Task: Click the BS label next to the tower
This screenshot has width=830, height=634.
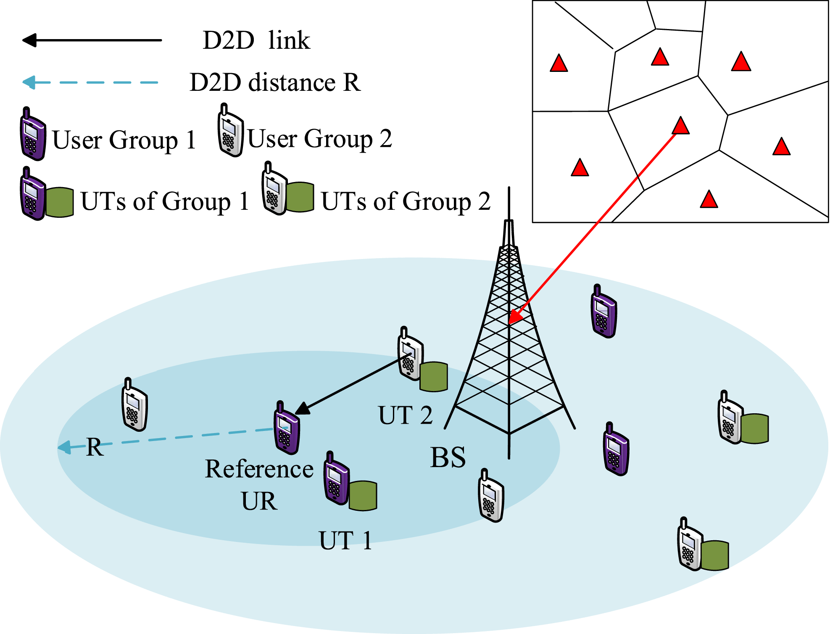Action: (x=448, y=457)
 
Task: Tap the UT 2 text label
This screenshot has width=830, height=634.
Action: (x=405, y=415)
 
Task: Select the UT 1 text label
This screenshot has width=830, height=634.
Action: (x=345, y=541)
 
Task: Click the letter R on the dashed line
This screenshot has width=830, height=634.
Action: (x=95, y=447)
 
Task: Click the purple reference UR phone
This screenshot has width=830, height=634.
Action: (x=287, y=430)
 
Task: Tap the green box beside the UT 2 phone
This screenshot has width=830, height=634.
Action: (x=434, y=377)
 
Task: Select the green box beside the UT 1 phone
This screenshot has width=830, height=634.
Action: (x=363, y=496)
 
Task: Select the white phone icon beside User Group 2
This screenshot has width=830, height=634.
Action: (x=230, y=131)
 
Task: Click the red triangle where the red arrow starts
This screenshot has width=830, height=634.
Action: (x=680, y=126)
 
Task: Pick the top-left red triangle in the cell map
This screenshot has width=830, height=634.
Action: (x=559, y=64)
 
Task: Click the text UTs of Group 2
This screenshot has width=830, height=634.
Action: (x=406, y=201)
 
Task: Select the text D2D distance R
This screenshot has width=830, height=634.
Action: (x=275, y=82)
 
